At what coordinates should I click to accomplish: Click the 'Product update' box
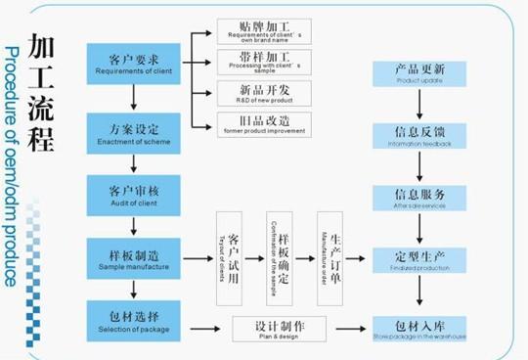coord(420,75)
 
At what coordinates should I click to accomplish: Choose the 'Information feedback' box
coord(420,135)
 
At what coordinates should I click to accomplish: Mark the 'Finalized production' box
coord(420,259)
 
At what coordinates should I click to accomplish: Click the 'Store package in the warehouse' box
coord(420,328)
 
